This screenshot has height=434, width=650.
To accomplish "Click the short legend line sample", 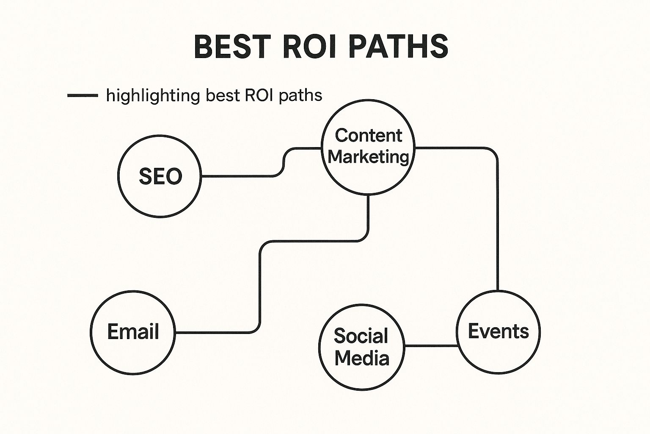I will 83,95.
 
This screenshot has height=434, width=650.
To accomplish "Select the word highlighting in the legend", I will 153,96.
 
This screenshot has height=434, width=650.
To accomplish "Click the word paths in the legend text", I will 301,96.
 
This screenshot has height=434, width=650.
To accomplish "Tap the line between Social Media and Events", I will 431,346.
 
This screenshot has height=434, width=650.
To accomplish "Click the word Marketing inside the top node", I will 368,156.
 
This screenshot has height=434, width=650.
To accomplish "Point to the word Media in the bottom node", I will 362,358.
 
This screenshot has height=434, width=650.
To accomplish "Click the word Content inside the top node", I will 368,136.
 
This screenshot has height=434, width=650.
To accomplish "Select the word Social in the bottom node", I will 361,336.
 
